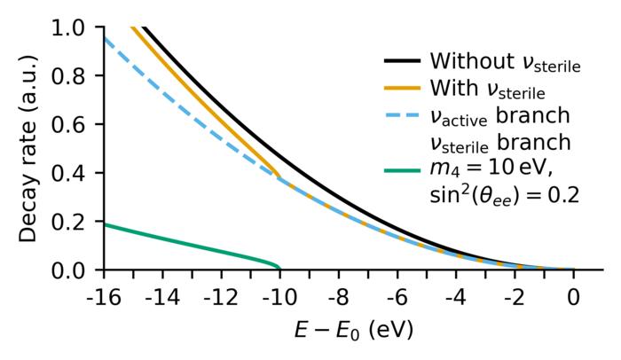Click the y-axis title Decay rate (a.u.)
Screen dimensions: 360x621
[29, 148]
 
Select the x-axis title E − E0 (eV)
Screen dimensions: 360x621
[353, 331]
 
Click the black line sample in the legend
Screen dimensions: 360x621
[402, 62]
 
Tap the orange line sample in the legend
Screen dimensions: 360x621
[402, 89]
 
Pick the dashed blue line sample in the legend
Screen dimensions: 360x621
[402, 115]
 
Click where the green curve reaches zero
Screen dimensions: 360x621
[279, 268]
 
